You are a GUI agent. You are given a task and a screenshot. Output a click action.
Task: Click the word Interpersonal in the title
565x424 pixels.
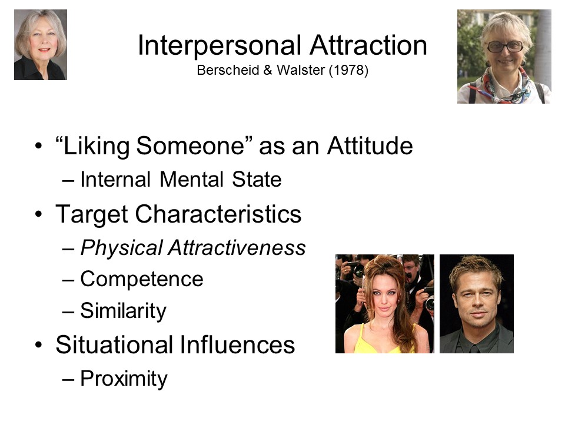[220, 46]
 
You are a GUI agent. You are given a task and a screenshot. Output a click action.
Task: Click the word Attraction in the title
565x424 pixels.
[368, 45]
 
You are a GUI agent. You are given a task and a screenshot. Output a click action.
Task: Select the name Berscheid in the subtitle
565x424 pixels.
[228, 70]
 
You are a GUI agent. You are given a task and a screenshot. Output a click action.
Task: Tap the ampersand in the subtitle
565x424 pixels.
[267, 70]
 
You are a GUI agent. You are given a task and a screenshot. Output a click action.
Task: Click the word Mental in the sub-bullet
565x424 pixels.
[191, 179]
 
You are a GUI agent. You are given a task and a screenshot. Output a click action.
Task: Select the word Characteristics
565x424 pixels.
[218, 214]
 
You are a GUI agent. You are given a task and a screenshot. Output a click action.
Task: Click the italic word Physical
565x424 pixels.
[121, 249]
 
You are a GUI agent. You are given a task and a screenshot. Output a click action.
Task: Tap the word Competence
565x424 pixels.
[142, 279]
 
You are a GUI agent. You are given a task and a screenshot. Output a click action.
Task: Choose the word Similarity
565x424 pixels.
[123, 311]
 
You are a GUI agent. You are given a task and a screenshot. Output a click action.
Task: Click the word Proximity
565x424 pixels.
[124, 379]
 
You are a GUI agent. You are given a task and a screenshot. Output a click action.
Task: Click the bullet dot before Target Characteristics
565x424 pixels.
[39, 214]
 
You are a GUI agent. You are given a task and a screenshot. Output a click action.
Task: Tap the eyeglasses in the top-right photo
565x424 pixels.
[505, 47]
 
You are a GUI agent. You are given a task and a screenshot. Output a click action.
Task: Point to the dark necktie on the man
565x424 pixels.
[473, 349]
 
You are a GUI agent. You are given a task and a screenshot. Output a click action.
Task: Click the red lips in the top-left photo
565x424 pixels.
[44, 49]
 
